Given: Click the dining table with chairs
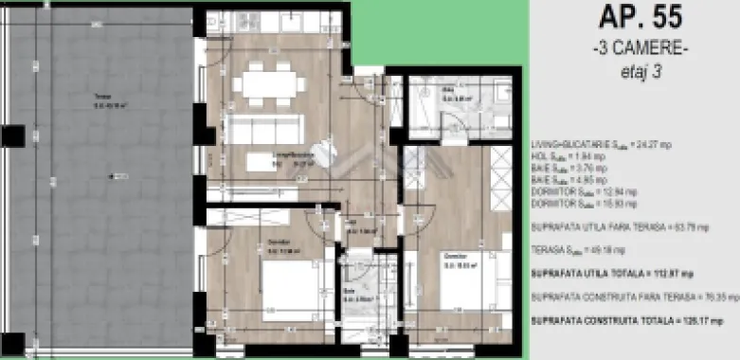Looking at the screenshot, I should pos(270,81).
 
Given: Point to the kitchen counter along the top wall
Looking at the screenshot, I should pos(274,21).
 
